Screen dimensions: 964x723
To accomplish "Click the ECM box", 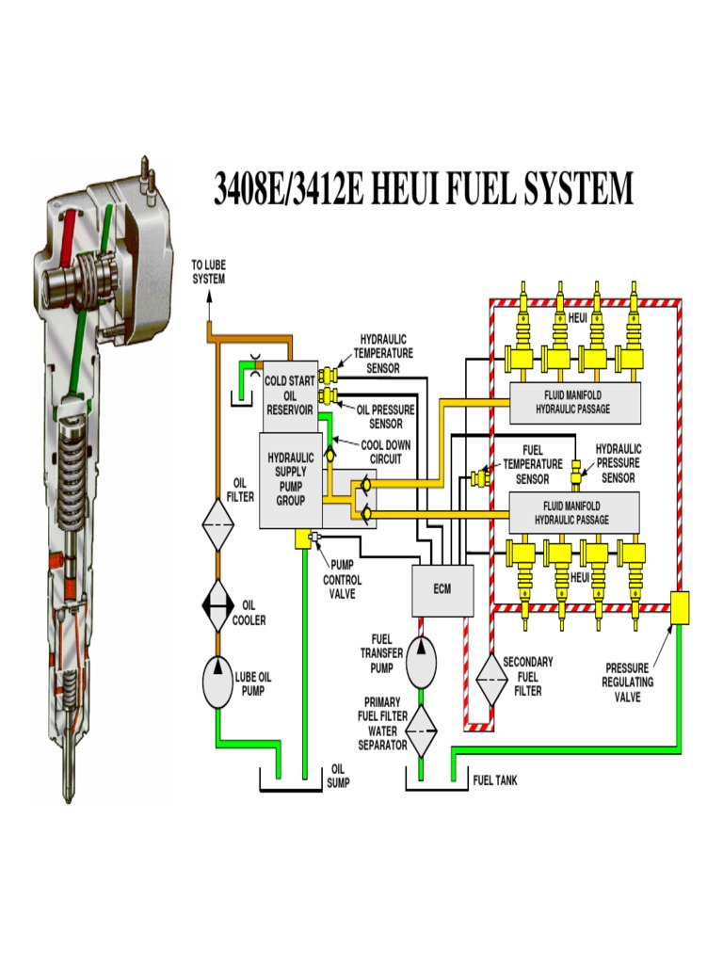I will click(442, 589).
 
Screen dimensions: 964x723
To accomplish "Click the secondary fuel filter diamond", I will click(490, 675).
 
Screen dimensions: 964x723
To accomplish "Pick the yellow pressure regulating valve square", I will click(679, 607).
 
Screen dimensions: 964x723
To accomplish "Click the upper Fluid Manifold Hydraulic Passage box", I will click(573, 402).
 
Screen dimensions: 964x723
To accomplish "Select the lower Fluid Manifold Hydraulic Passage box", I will click(573, 513).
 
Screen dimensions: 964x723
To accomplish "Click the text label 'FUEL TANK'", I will click(494, 780).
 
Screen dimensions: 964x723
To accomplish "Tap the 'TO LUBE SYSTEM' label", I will click(209, 273).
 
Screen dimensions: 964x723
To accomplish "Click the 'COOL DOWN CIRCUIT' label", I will click(385, 452).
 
